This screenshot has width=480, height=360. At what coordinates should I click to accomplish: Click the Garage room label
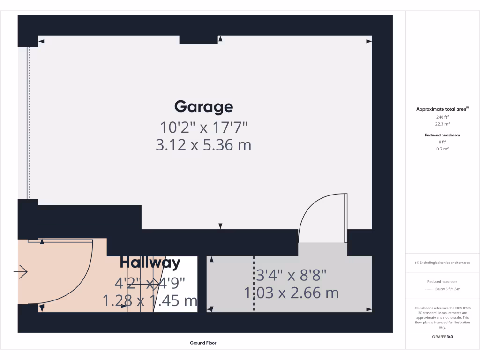click(203, 107)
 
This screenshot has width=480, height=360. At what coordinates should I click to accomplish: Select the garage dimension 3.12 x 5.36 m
click(203, 145)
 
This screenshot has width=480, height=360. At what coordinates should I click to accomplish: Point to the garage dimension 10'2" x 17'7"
click(203, 127)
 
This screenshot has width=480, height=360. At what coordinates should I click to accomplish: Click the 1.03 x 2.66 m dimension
click(291, 293)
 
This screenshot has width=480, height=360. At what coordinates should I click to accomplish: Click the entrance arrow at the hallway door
click(21, 272)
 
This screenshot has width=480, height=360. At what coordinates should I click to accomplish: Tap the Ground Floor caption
click(203, 343)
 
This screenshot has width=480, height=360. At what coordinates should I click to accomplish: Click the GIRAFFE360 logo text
click(442, 337)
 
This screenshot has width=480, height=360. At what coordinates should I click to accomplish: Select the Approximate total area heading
click(442, 109)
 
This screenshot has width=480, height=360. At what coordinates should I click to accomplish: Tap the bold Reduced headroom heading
click(442, 135)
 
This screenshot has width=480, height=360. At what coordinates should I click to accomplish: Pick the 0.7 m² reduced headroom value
click(442, 149)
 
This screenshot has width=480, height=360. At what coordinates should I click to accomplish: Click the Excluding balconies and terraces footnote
click(442, 262)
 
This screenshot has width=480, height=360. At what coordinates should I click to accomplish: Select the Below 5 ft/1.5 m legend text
click(448, 289)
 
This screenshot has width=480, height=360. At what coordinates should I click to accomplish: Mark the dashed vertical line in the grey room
click(254, 284)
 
